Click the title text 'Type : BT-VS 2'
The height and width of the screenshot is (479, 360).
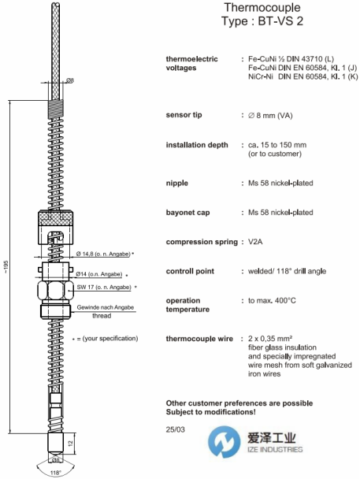(x=262, y=21)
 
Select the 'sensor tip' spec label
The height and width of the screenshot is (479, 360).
(x=184, y=115)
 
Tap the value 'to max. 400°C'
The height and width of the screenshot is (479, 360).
(x=272, y=301)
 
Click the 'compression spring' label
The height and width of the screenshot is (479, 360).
(x=202, y=242)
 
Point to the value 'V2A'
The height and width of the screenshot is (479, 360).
(x=255, y=242)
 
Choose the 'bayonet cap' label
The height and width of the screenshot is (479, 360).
(x=187, y=213)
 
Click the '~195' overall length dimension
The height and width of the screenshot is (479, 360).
(x=7, y=267)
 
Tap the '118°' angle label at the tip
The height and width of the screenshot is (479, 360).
(x=56, y=473)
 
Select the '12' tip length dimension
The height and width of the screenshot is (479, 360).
(x=71, y=443)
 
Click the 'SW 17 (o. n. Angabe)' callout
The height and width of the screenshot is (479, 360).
(x=104, y=287)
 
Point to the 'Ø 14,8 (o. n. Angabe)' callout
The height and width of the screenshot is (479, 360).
(x=103, y=254)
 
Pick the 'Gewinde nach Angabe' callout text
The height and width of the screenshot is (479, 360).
(x=106, y=307)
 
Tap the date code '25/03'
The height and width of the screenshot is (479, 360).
(x=175, y=429)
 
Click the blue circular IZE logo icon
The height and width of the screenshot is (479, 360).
(x=224, y=442)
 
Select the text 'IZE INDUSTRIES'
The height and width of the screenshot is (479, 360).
(x=275, y=449)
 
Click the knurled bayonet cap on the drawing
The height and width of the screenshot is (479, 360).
(x=56, y=228)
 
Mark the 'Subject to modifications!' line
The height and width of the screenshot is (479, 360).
(x=210, y=412)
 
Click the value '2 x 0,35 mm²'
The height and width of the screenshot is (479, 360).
(x=270, y=339)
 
